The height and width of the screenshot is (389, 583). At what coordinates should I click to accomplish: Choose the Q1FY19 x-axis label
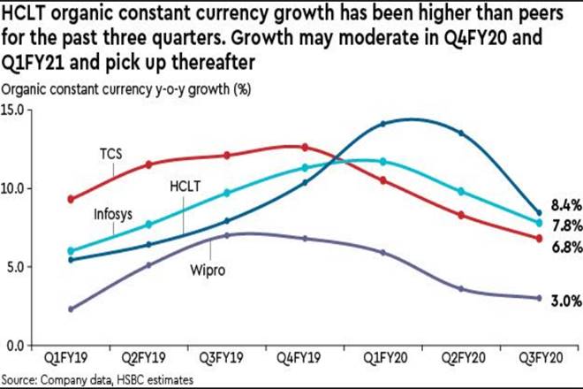coord(70,361)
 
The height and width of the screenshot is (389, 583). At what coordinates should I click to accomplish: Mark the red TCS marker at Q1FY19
coord(70,199)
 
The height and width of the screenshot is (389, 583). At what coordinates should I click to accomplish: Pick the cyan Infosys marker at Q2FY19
coord(148,225)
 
